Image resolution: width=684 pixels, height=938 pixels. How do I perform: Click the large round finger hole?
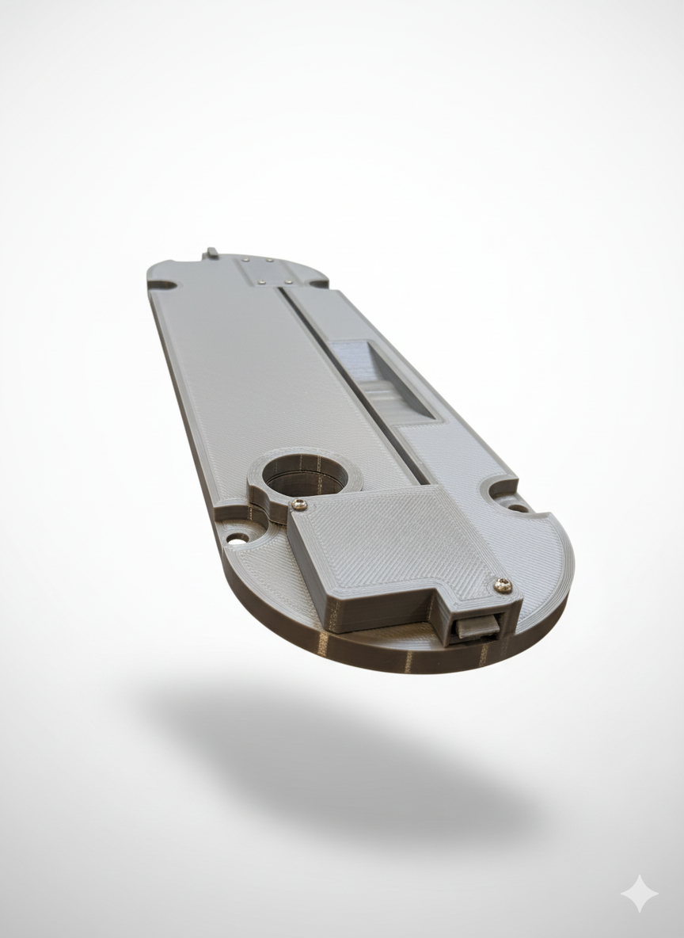tap(306, 476)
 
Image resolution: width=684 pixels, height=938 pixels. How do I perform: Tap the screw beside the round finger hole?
tap(298, 504)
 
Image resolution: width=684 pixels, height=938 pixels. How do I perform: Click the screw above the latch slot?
tap(503, 585)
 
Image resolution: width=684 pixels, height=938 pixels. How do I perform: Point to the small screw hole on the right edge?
tap(518, 508)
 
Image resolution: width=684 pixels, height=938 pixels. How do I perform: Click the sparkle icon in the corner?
tap(639, 894)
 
